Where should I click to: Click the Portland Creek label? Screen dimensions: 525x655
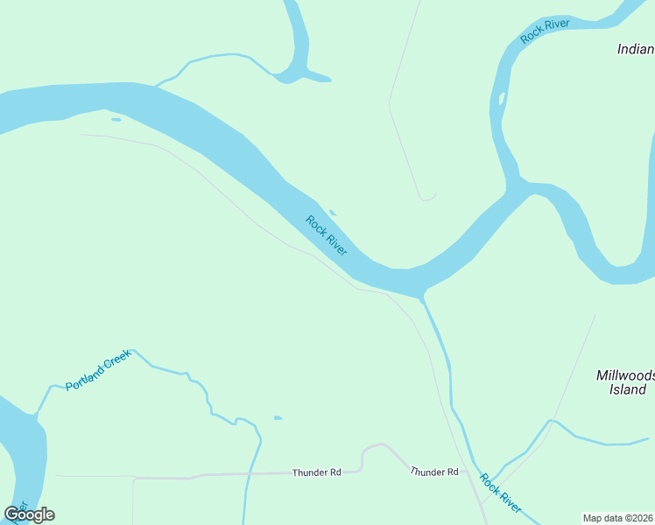click(97, 370)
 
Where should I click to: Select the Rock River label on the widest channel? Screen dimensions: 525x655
click(327, 235)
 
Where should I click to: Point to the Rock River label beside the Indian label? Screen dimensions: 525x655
click(545, 30)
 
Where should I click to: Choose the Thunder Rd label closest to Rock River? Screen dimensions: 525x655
click(434, 472)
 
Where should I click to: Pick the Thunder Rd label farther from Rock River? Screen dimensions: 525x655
click(316, 472)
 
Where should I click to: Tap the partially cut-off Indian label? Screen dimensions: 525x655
click(636, 49)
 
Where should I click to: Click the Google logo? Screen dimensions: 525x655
click(29, 514)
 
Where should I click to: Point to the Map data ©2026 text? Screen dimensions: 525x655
click(617, 517)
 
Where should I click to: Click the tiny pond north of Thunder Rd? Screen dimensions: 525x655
click(278, 418)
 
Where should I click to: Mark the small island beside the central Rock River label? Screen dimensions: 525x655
click(333, 212)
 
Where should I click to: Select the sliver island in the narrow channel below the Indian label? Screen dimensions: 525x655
click(502, 98)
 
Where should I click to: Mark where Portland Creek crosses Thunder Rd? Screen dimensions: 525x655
click(250, 473)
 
